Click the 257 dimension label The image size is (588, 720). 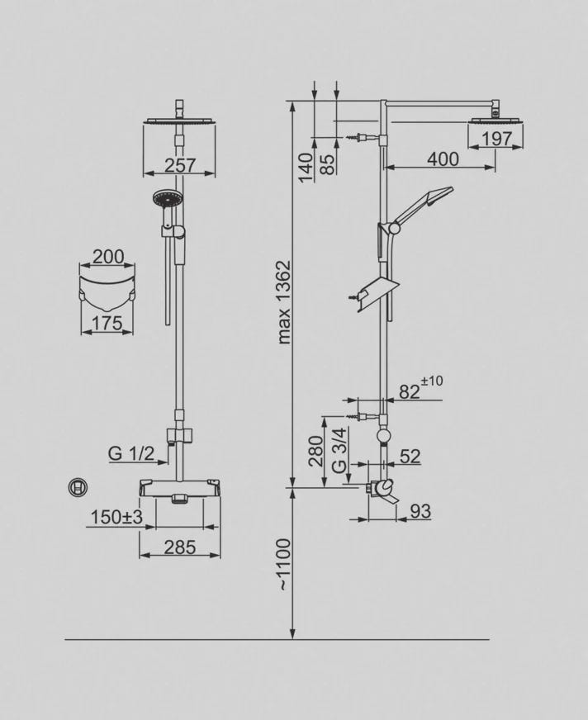coord(180,165)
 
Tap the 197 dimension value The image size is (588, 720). coord(497,139)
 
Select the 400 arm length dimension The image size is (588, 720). coord(443,159)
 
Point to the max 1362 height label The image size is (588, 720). coord(285,302)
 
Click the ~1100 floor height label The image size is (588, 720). coord(285,564)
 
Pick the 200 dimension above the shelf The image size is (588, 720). coord(108,257)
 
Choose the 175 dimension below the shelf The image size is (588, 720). coord(107,324)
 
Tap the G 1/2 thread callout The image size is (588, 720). coord(131,453)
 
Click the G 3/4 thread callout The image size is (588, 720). coord(339,450)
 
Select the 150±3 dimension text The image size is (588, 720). coord(116,517)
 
